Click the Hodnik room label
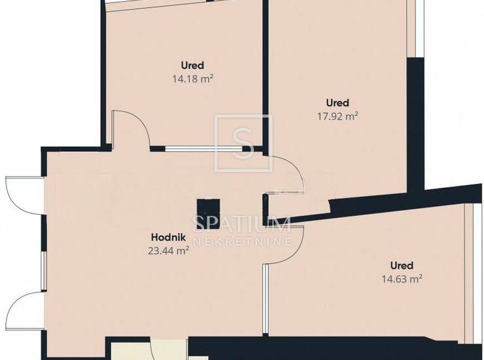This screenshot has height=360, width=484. (168, 238)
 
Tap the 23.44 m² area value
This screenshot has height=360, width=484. (169, 250)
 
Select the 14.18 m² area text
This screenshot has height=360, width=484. (193, 79)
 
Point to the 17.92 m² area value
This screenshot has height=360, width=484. (337, 117)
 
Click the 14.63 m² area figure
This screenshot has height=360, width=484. (402, 279)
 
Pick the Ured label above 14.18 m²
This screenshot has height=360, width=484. (192, 65)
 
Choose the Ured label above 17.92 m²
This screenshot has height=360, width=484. (337, 103)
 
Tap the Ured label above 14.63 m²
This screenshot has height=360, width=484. (402, 266)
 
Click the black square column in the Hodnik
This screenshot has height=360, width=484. (209, 214)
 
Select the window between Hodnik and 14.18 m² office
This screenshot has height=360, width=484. (203, 149)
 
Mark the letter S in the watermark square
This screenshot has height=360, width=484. (243, 143)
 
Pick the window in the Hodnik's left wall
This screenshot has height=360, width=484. (44, 271)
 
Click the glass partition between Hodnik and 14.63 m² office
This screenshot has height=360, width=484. (266, 299)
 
